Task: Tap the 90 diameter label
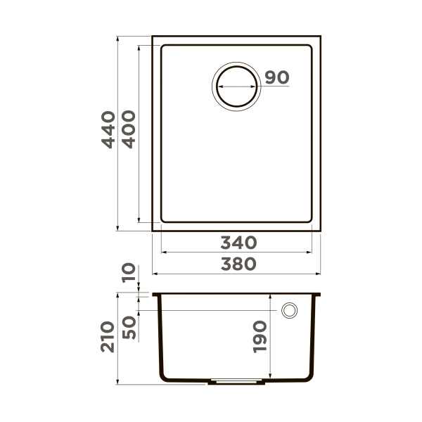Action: tap(277, 77)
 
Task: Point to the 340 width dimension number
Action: tap(238, 243)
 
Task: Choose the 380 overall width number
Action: tap(238, 264)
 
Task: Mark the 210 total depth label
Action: tap(108, 338)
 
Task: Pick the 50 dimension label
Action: tap(128, 327)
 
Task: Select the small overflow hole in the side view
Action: tap(289, 310)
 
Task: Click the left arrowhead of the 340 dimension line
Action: tap(164, 252)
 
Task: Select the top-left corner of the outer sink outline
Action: tap(153, 35)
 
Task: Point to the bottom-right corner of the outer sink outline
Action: tap(320, 230)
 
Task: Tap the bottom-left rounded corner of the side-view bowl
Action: tap(164, 378)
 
